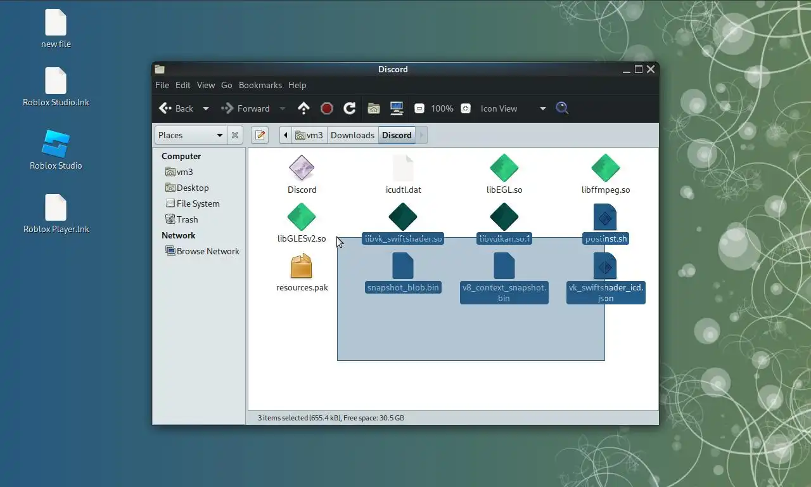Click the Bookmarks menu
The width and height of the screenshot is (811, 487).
pyautogui.click(x=260, y=85)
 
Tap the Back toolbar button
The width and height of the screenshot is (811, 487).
pyautogui.click(x=177, y=108)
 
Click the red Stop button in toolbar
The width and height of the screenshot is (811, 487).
pyautogui.click(x=327, y=108)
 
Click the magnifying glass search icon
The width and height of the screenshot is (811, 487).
pyautogui.click(x=562, y=108)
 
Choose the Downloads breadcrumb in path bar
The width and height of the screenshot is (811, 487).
pyautogui.click(x=352, y=135)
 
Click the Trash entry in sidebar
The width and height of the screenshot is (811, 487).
pyautogui.click(x=187, y=219)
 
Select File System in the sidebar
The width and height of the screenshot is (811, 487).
pyautogui.click(x=198, y=204)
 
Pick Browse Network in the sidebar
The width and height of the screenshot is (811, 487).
pyautogui.click(x=208, y=251)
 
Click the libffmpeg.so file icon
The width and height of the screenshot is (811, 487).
pyautogui.click(x=605, y=168)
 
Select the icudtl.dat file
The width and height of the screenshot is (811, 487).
pyautogui.click(x=403, y=168)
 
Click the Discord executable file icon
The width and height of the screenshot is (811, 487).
pyautogui.click(x=302, y=168)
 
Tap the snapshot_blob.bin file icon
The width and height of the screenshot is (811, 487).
pyautogui.click(x=403, y=266)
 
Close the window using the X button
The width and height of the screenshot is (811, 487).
pyautogui.click(x=651, y=69)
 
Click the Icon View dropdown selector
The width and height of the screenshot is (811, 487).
pyautogui.click(x=513, y=108)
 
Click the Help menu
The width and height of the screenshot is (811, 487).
pyautogui.click(x=297, y=85)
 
